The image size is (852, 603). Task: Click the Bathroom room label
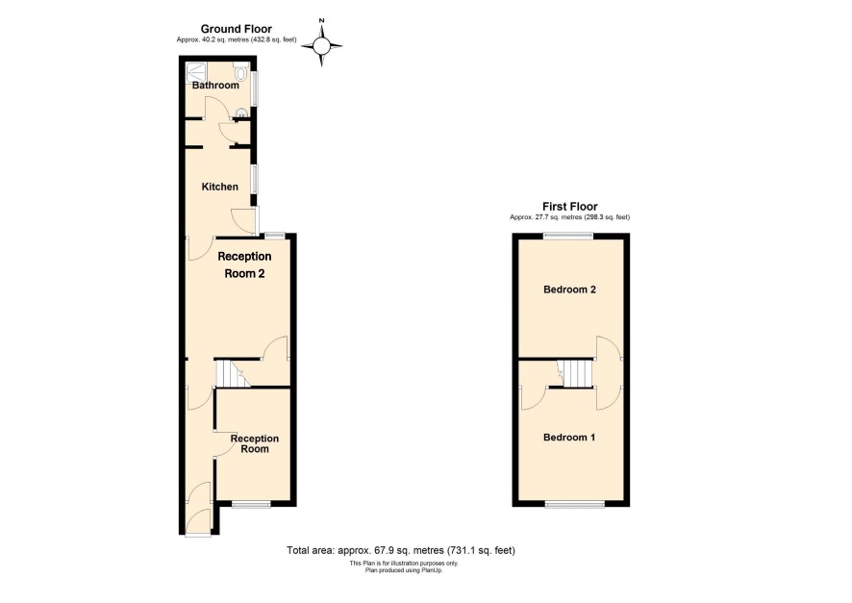click(x=215, y=86)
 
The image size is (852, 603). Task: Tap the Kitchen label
click(x=219, y=187)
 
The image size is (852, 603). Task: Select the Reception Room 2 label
click(x=244, y=265)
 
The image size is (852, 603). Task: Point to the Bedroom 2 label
click(x=569, y=289)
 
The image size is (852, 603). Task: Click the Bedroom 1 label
click(x=569, y=438)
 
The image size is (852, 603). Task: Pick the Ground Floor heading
click(x=237, y=29)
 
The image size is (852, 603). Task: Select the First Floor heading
click(x=570, y=207)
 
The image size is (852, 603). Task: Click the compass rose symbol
click(x=322, y=45)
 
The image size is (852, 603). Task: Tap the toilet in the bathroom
click(x=240, y=71)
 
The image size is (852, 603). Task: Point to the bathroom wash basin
click(x=240, y=113)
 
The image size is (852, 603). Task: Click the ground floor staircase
click(x=233, y=374)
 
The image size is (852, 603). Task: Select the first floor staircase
click(x=575, y=374)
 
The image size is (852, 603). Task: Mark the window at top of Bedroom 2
click(x=569, y=237)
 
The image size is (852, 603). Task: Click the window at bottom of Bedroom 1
click(x=574, y=505)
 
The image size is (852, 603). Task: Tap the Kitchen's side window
click(x=254, y=178)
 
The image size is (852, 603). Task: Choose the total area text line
click(x=401, y=550)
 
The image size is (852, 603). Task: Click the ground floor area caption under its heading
click(x=237, y=39)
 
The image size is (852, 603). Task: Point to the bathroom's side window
click(x=254, y=88)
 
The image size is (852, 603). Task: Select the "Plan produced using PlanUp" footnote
click(x=404, y=570)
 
